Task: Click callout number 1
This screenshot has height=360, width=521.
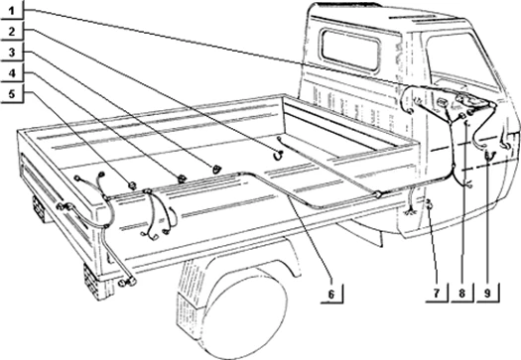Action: pos(12,11)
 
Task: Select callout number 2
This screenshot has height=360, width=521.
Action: pos(12,32)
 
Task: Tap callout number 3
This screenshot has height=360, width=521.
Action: pos(12,53)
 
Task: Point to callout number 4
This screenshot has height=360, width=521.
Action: pos(12,72)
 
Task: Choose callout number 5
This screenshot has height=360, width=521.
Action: pos(12,93)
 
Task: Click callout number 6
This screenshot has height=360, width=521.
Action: pos(331,294)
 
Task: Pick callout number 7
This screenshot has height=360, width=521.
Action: pos(437,293)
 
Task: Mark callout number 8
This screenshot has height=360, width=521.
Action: pos(461,293)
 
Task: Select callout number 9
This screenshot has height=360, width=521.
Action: pos(487,293)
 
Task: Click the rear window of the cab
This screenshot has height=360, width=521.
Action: pos(351,50)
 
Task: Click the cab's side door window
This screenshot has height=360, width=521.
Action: pos(460,59)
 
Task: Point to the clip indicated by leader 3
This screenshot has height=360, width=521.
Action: pos(216,169)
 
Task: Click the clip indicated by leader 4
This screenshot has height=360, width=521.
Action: pos(182,179)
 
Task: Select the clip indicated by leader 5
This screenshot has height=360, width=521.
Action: pos(133,185)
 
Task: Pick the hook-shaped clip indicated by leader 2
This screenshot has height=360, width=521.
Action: pos(278,155)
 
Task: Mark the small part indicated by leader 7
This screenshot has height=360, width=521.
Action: pos(429,203)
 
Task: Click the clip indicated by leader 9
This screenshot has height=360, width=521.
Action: pos(489,155)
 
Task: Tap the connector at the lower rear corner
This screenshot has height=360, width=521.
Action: pos(127,283)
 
